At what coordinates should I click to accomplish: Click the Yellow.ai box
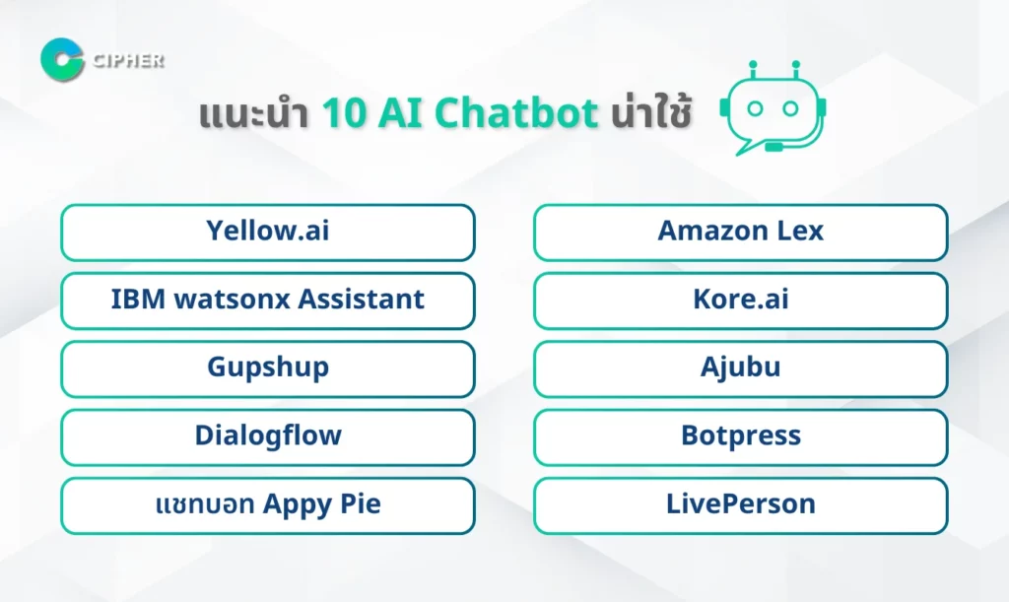[268, 233]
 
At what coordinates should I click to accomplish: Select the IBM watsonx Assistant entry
[268, 301]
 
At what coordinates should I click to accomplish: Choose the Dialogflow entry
[268, 436]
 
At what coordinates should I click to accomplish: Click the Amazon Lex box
[741, 233]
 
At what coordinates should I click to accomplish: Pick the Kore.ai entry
[741, 301]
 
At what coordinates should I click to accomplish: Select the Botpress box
[741, 436]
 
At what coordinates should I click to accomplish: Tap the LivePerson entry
[741, 504]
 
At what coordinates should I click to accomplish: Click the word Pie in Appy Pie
[361, 503]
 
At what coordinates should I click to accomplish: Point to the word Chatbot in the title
[516, 113]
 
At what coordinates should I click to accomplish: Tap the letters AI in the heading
[400, 113]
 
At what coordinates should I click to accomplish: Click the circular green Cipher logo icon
[62, 60]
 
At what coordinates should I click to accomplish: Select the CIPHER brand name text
[128, 60]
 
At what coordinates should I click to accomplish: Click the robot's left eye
[755, 108]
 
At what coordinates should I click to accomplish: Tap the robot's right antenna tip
[796, 64]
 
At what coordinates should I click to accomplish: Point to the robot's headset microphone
[774, 147]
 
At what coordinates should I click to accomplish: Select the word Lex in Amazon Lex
[800, 231]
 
